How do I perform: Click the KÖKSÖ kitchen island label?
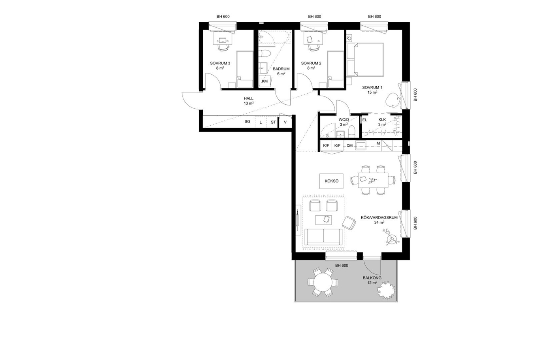click(332, 181)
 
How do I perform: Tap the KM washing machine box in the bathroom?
click(265, 81)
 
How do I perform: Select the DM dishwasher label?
click(349, 145)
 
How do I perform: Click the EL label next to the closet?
click(364, 120)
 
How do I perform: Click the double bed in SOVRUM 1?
click(365, 60)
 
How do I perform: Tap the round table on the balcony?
click(323, 282)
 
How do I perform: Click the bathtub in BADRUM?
click(274, 37)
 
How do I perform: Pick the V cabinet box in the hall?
click(285, 122)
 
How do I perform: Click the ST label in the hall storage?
click(273, 122)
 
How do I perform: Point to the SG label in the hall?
click(247, 122)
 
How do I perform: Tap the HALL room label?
click(249, 98)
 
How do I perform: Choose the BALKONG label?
click(372, 278)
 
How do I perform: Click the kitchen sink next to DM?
click(361, 145)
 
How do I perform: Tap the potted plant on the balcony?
click(387, 290)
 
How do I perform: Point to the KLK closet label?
click(382, 119)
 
